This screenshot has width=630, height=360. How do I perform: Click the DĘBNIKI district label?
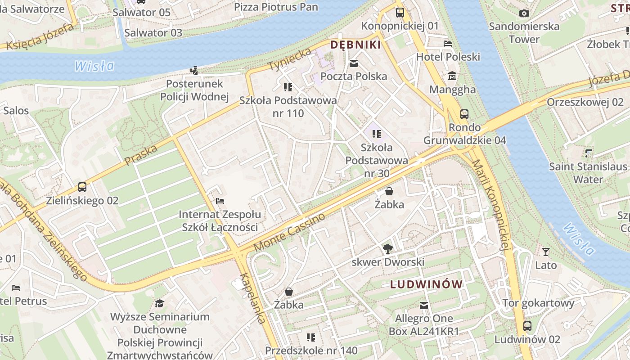355,45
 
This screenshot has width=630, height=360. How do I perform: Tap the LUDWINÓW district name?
426,284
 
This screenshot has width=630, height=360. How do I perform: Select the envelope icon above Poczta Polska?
354,63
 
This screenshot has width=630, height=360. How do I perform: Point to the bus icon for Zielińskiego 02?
82,187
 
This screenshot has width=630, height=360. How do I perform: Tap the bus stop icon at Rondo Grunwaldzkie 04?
464,114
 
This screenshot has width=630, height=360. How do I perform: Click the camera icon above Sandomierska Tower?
524,13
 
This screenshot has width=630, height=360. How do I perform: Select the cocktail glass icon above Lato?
546,252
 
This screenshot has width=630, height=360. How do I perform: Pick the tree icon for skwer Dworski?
387,248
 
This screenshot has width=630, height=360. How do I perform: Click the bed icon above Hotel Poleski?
448,44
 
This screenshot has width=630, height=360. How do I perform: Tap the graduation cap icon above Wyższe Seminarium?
159,303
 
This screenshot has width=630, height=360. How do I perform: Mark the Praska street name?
141,155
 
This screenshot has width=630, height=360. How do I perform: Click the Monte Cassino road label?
289,232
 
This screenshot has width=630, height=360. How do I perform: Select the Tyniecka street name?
290,59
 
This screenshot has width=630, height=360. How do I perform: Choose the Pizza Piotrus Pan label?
276,7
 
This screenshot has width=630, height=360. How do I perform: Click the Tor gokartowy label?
538,303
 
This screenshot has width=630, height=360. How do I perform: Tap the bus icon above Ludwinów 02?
527,326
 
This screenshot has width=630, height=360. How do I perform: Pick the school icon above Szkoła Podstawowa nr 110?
288,87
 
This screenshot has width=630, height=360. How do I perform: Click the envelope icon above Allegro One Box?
424,306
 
